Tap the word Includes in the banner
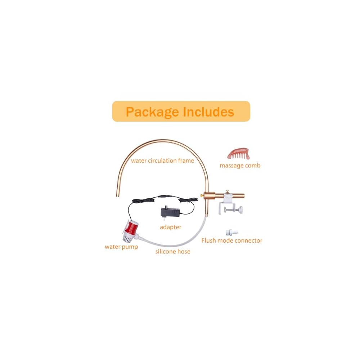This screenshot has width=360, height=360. click(208, 112)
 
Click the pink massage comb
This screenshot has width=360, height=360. click(239, 154)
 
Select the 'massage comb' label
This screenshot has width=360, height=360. click(240, 166)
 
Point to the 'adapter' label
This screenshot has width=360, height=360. click(171, 227)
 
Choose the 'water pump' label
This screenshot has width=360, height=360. click(121, 247)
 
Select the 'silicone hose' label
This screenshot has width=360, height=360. click(173, 251)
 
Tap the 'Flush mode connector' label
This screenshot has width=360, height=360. click(232, 240)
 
